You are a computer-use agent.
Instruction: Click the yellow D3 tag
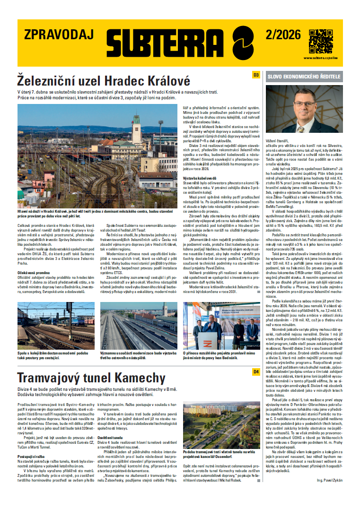[256, 75]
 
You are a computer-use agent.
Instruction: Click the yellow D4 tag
[256, 372]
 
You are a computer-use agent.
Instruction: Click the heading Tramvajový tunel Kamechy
[91, 378]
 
